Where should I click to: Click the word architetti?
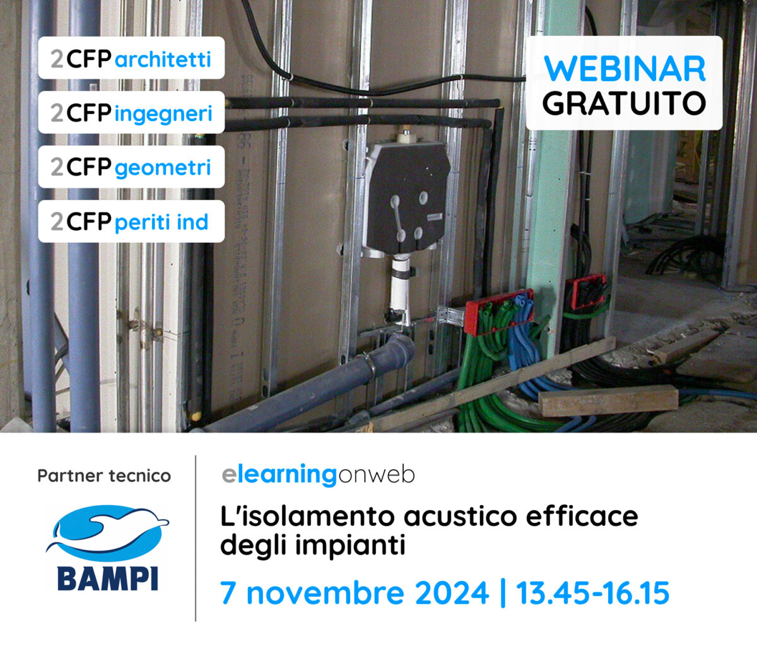point(163,59)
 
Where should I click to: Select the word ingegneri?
point(163,114)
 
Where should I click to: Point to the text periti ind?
point(161,222)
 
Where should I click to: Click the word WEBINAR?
point(625,69)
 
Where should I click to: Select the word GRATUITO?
point(624,103)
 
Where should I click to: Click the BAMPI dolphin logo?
point(107,548)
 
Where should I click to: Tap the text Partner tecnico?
point(104,476)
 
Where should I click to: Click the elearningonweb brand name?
point(318,476)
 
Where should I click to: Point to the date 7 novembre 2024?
point(355,593)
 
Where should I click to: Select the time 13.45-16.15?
point(592,593)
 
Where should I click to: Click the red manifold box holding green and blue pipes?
point(499,312)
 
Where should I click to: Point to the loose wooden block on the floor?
point(608,401)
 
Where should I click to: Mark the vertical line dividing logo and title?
point(196,539)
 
